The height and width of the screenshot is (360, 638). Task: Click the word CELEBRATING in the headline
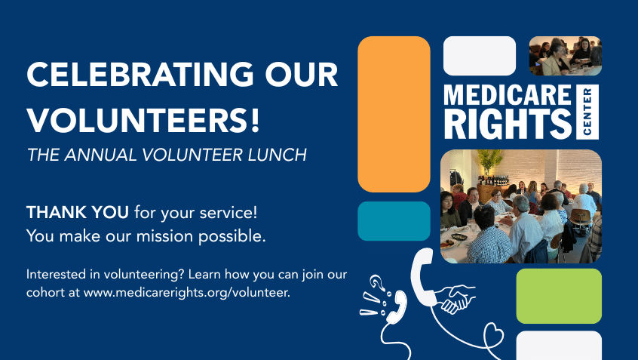tap(140, 75)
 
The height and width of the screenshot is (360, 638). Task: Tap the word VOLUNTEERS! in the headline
tap(143, 120)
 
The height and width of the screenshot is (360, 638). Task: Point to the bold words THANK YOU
tap(78, 212)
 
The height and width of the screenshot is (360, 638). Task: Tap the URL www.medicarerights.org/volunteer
tap(187, 292)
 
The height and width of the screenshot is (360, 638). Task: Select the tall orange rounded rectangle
tap(394, 114)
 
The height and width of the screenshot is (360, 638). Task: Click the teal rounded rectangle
tap(394, 221)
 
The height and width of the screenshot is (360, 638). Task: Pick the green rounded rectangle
tap(559, 296)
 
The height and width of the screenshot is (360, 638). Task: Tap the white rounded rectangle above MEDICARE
tap(480, 56)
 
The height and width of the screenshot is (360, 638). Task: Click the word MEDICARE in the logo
tap(508, 95)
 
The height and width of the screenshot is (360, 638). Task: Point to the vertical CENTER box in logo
tap(587, 112)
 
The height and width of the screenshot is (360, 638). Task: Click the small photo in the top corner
tap(565, 56)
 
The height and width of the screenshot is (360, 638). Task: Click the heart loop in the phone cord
tap(493, 336)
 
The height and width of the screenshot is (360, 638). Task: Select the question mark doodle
tap(377, 282)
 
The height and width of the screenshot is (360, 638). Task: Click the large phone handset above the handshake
tap(423, 275)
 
